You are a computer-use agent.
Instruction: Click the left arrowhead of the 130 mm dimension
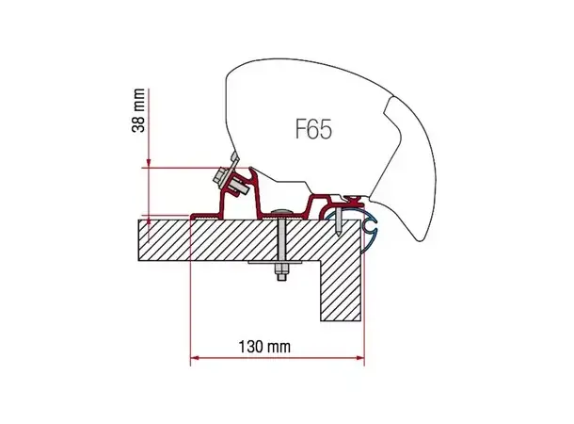[196, 359]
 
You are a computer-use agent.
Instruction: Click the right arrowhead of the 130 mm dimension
[358, 359]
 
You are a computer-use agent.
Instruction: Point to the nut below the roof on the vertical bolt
[279, 276]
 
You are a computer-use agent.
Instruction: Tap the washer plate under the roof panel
[279, 264]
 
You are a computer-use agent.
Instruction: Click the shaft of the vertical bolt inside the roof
[279, 240]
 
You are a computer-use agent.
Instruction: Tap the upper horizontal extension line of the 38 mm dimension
[179, 168]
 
